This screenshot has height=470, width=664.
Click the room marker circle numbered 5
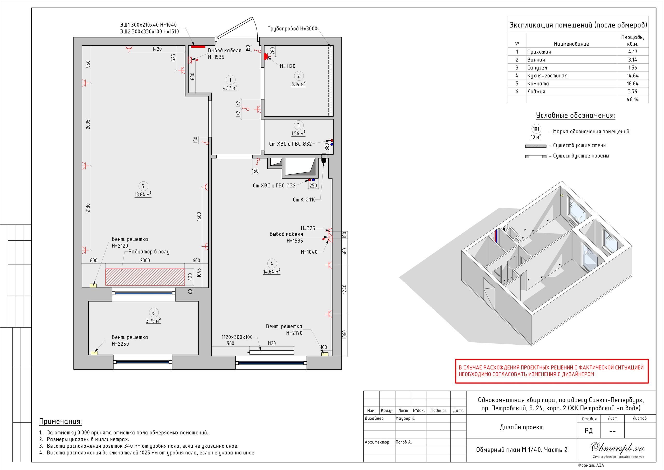pos(143,186)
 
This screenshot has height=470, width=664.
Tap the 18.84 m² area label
pos(143,194)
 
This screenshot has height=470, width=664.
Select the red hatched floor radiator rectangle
pos(145,277)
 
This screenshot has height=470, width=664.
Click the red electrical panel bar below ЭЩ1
pos(198,46)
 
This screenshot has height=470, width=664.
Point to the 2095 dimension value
pos(88,124)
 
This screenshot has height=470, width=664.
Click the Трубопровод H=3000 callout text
pos(292,29)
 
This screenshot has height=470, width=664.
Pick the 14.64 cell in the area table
pos(632,76)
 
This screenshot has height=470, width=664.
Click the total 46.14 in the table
pos(632,99)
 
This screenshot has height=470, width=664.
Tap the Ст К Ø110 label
pos(304,200)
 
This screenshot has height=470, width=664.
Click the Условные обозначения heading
pos(576,115)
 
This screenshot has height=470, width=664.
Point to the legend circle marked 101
pos(536,129)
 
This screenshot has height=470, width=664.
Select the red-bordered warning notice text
pos(551,371)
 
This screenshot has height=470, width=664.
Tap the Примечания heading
pos(60,421)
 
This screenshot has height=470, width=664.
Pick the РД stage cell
pos(589,431)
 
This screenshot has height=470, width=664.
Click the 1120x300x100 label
pos(237,337)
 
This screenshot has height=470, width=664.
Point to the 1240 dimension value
pos(344,289)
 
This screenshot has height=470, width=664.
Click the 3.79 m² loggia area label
pos(153,321)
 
